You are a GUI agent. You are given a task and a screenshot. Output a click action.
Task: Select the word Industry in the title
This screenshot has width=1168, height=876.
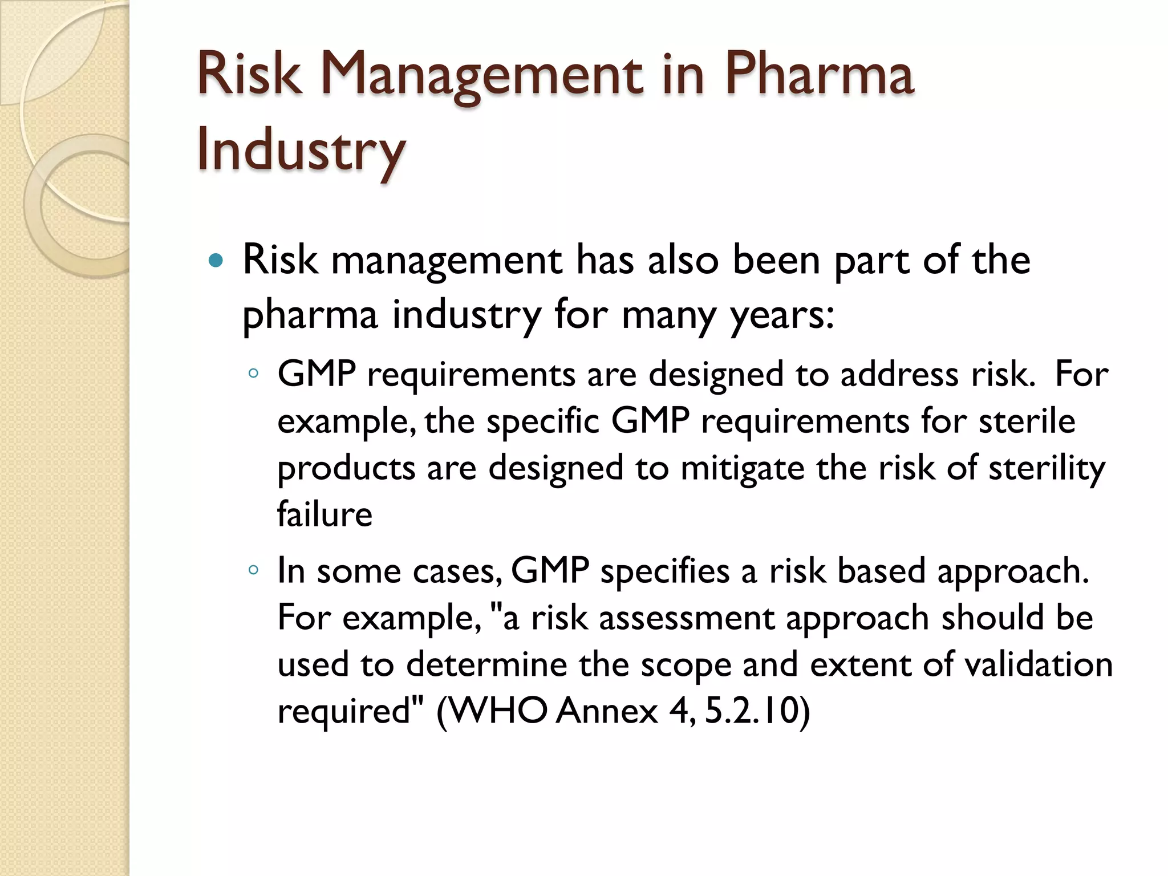tap(301, 149)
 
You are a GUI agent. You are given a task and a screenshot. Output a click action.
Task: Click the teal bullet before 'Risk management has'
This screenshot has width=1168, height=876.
tap(216, 261)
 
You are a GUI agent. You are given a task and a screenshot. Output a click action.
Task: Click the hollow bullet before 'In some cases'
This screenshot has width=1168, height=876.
tap(254, 570)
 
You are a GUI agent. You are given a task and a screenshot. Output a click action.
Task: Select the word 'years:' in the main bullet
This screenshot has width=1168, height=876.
tap(782, 315)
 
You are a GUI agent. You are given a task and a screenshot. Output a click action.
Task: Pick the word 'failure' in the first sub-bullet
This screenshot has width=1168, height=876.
tap(325, 513)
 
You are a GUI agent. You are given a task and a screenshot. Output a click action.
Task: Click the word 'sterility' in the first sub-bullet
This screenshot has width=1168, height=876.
tap(1047, 468)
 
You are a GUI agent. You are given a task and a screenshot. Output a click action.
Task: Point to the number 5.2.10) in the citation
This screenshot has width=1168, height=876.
tap(757, 711)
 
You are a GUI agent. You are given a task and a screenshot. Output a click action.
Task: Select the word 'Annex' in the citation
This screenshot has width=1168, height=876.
tap(607, 711)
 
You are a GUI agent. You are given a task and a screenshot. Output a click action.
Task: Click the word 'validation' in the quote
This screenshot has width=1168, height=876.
tap(1039, 664)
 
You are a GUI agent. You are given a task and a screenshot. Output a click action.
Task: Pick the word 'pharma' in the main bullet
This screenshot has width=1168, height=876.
tap(310, 315)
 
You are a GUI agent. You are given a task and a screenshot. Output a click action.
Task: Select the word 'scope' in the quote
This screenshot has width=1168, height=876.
tap(686, 664)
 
